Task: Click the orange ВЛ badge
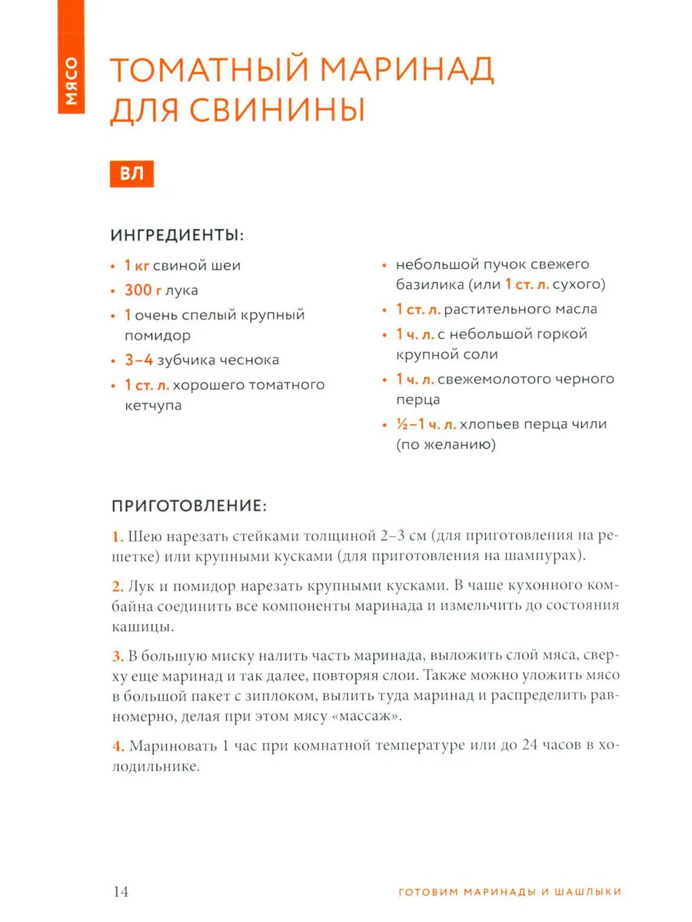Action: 132,174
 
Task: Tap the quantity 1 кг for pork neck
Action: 137,266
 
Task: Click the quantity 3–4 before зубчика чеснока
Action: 139,360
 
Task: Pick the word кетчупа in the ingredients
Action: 153,405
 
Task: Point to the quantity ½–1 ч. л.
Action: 427,423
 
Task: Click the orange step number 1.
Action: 117,536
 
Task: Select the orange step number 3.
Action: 118,656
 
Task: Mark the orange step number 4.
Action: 118,746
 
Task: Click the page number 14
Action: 121,891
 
